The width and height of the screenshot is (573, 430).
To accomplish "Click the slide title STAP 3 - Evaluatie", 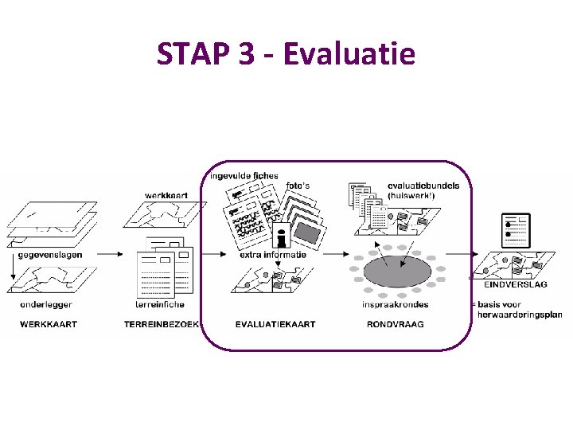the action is tap(286, 54).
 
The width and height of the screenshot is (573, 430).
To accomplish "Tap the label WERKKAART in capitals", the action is tap(49, 324).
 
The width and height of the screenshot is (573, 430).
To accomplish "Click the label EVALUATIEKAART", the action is tap(275, 324).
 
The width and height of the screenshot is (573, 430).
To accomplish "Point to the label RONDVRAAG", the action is tap(395, 324).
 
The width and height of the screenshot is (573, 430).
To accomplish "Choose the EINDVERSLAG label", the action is tap(515, 284).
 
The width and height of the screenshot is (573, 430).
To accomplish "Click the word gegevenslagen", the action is tap(50, 255).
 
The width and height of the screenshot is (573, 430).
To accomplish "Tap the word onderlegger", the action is tap(47, 304).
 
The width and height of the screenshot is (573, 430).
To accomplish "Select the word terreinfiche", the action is tap(160, 304).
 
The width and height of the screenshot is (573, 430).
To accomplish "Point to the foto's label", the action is tap(298, 186).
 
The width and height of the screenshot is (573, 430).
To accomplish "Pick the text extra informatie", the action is tap(273, 255).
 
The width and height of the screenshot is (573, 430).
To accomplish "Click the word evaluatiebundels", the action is tap(423, 186).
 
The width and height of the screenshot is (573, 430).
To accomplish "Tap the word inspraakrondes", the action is tap(395, 304).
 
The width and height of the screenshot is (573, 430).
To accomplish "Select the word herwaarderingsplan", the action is tap(520, 315).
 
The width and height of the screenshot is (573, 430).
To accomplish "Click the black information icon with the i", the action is tap(279, 236).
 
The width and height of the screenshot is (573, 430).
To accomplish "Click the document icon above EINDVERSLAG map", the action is tap(516, 230).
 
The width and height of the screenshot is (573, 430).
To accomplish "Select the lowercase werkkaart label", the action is tap(166, 195).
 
